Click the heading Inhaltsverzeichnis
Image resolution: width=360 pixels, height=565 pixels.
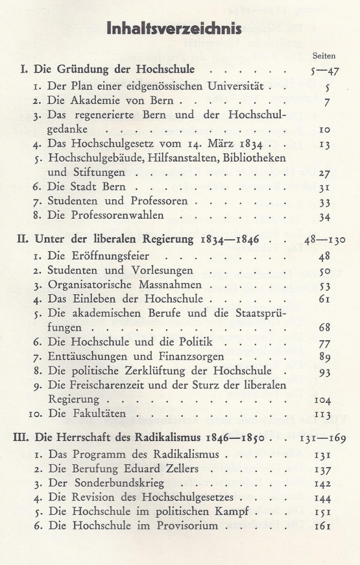click(x=174, y=29)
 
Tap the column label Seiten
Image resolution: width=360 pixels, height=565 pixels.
click(x=324, y=56)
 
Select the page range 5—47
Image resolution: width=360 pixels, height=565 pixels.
click(x=324, y=70)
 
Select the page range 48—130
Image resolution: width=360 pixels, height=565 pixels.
click(x=323, y=240)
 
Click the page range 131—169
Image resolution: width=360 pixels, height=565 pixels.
click(x=323, y=439)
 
